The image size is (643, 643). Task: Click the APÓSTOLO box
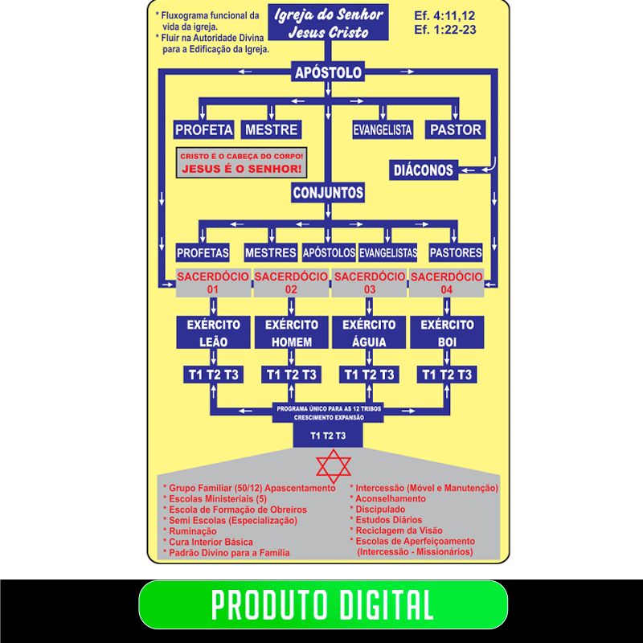click(328, 72)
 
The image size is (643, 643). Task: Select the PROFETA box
click(204, 129)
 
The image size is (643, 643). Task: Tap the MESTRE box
click(271, 129)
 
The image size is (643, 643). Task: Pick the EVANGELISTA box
click(383, 129)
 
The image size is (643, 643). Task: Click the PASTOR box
click(455, 129)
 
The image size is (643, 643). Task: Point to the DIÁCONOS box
click(424, 170)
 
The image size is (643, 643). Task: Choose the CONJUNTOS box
click(328, 192)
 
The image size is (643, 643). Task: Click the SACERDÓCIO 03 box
click(370, 283)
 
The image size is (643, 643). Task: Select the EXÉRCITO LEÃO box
click(213, 333)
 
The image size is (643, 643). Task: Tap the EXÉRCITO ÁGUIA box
click(369, 333)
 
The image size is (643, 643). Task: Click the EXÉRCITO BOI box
click(447, 333)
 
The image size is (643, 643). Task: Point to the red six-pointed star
click(334, 466)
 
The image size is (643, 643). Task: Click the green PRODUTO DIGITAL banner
click(323, 604)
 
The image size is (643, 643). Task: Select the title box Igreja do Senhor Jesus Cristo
click(328, 23)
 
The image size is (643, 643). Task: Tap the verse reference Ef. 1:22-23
click(445, 30)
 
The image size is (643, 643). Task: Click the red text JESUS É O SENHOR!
click(242, 169)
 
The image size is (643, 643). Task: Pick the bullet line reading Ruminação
click(190, 531)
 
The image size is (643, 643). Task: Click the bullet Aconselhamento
click(387, 498)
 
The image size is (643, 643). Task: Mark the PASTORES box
click(456, 252)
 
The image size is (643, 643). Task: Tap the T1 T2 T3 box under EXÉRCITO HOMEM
click(291, 375)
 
